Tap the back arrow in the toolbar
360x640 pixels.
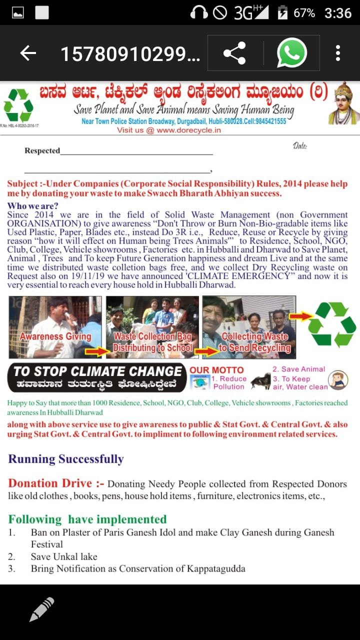(x=28, y=53)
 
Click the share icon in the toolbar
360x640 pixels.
(x=234, y=53)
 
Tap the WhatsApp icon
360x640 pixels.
(x=291, y=53)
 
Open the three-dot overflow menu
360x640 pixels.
(x=338, y=53)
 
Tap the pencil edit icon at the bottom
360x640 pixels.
(x=41, y=609)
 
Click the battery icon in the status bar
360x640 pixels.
(x=282, y=12)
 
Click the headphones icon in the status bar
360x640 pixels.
(x=199, y=12)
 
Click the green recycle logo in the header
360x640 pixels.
(x=18, y=105)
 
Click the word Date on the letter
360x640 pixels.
(x=300, y=146)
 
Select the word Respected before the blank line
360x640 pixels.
(x=42, y=150)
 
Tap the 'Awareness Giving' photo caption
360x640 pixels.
(x=55, y=336)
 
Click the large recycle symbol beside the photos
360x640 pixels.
(x=331, y=324)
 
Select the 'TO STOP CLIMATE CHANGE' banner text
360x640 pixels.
(x=98, y=371)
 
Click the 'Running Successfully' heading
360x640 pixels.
(x=65, y=459)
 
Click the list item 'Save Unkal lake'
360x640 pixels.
(x=64, y=556)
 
